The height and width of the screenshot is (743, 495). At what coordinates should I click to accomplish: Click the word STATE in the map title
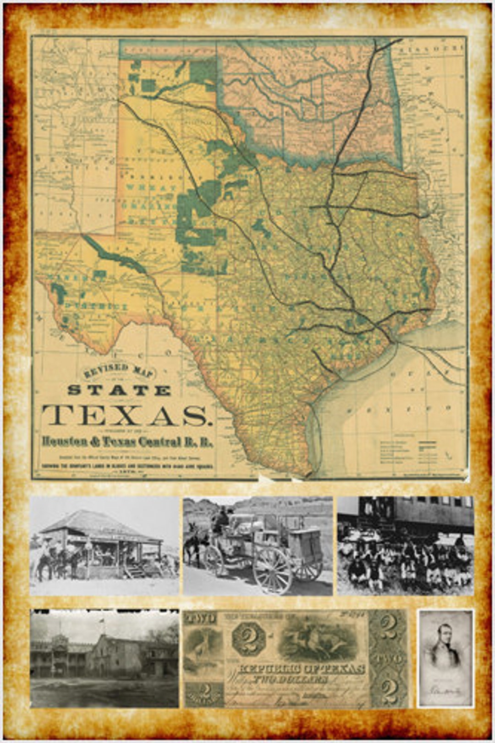(x=119, y=391)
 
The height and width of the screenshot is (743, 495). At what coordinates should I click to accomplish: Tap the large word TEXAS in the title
(x=125, y=415)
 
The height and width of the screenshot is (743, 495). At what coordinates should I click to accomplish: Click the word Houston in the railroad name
(x=65, y=442)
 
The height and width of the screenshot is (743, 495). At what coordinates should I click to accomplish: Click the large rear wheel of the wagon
(x=272, y=570)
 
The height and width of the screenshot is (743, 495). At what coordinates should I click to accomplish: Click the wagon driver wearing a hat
(x=222, y=520)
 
